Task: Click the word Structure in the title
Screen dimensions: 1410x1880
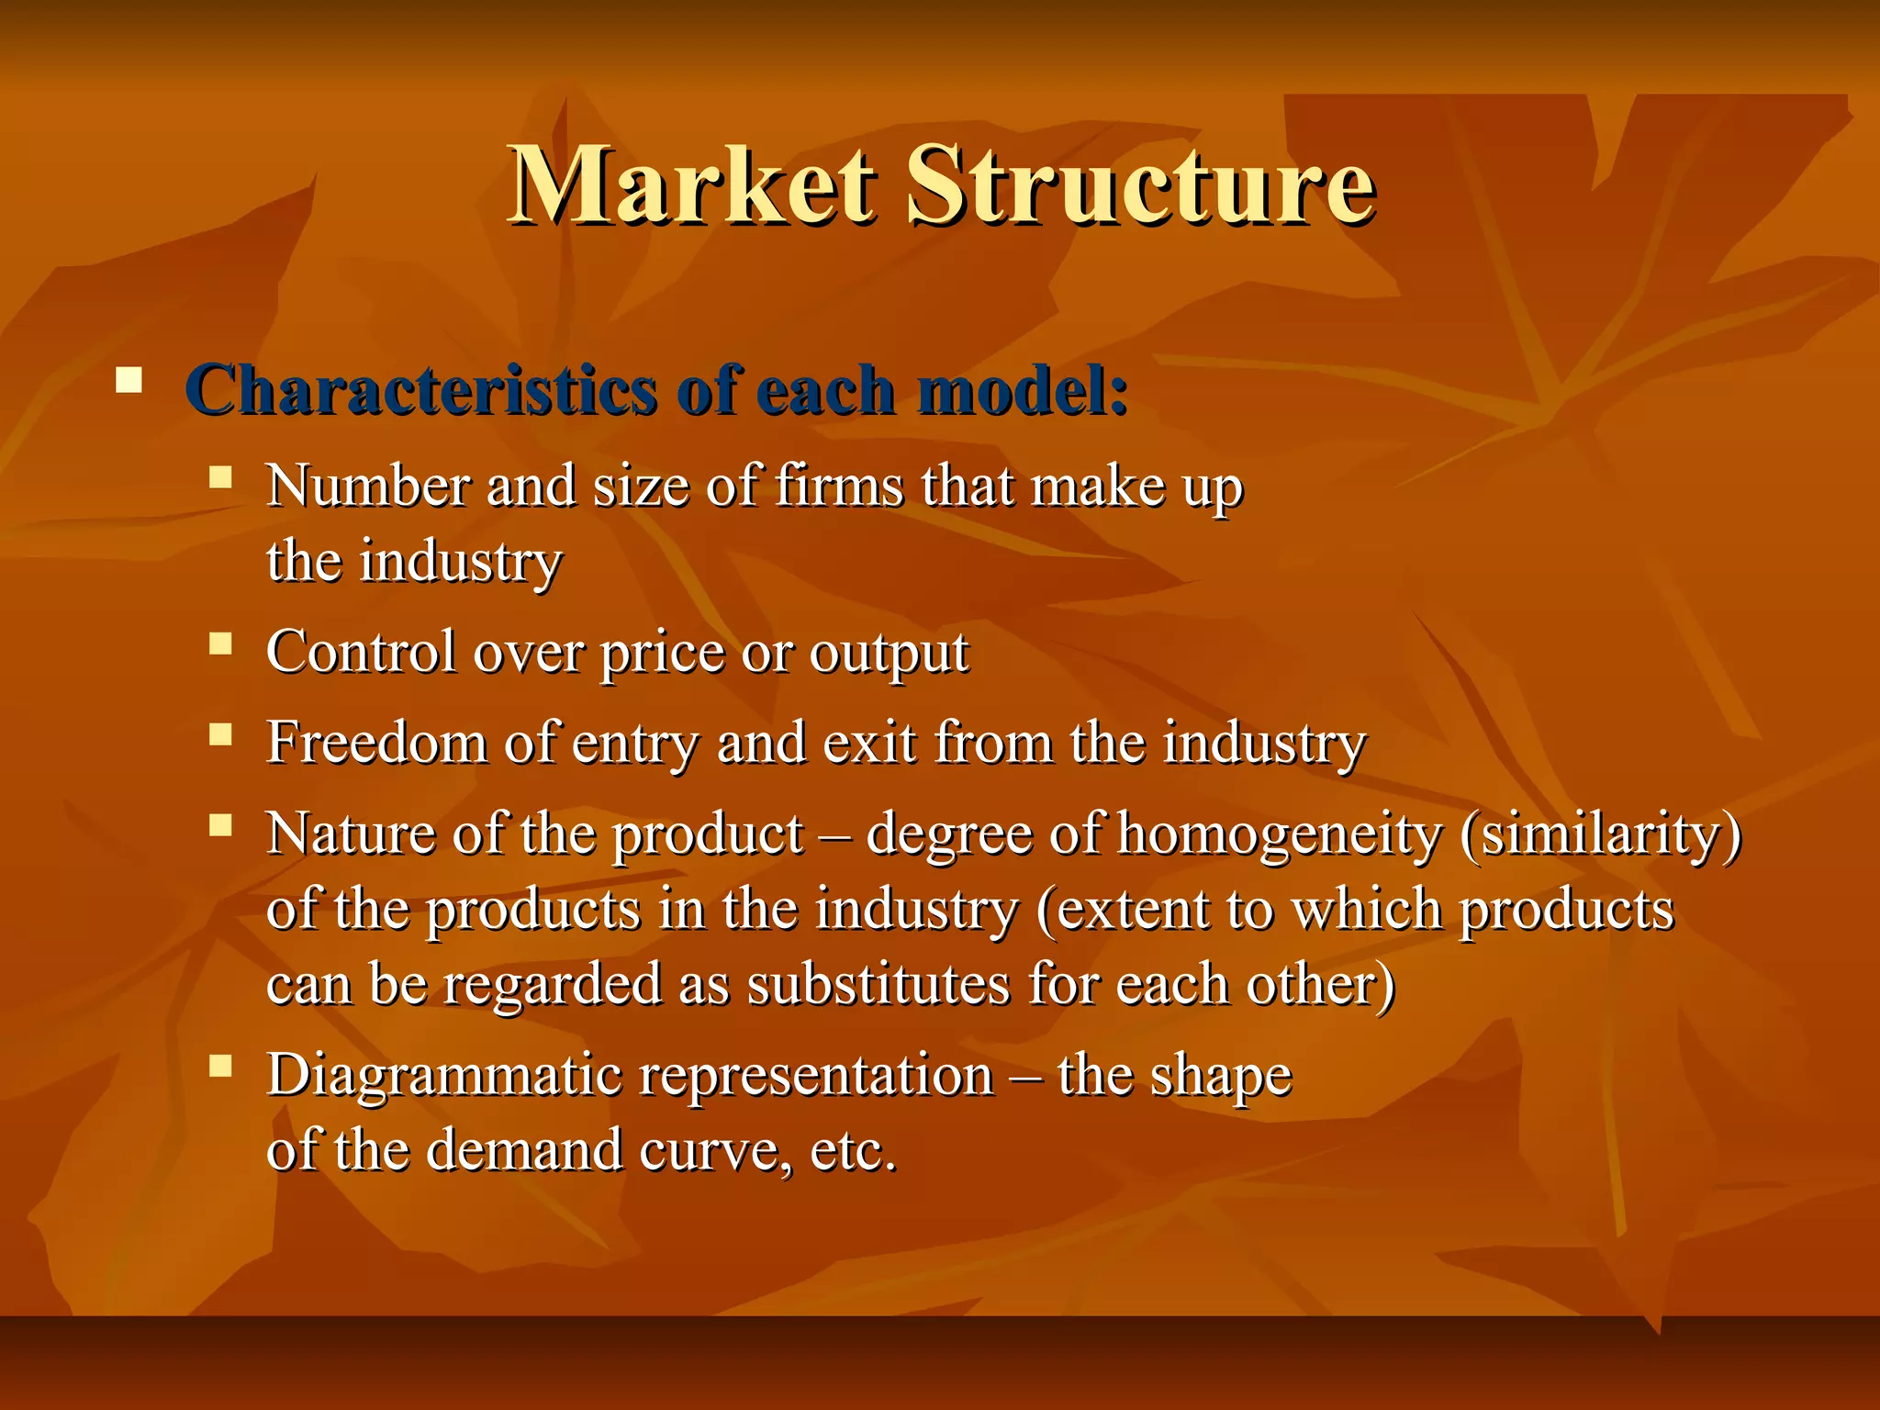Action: pos(1140,185)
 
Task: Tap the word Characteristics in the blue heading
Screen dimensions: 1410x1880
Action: pos(420,390)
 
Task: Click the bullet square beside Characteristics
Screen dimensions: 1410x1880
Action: pos(129,380)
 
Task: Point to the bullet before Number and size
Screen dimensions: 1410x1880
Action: pos(220,477)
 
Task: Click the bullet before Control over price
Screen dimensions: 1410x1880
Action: pos(220,643)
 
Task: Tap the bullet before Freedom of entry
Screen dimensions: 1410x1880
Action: pos(220,734)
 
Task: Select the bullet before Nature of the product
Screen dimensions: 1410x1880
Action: pos(220,825)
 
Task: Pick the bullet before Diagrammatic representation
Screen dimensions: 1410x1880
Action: pos(220,1066)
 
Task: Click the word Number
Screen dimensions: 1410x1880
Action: pos(367,486)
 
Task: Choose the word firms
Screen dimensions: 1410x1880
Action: pos(839,486)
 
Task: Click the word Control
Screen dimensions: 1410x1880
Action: pos(361,652)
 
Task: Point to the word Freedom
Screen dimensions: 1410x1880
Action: pos(376,742)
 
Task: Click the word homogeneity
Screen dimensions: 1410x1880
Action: pos(1280,835)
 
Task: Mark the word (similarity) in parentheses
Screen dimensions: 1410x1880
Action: pos(1600,835)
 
